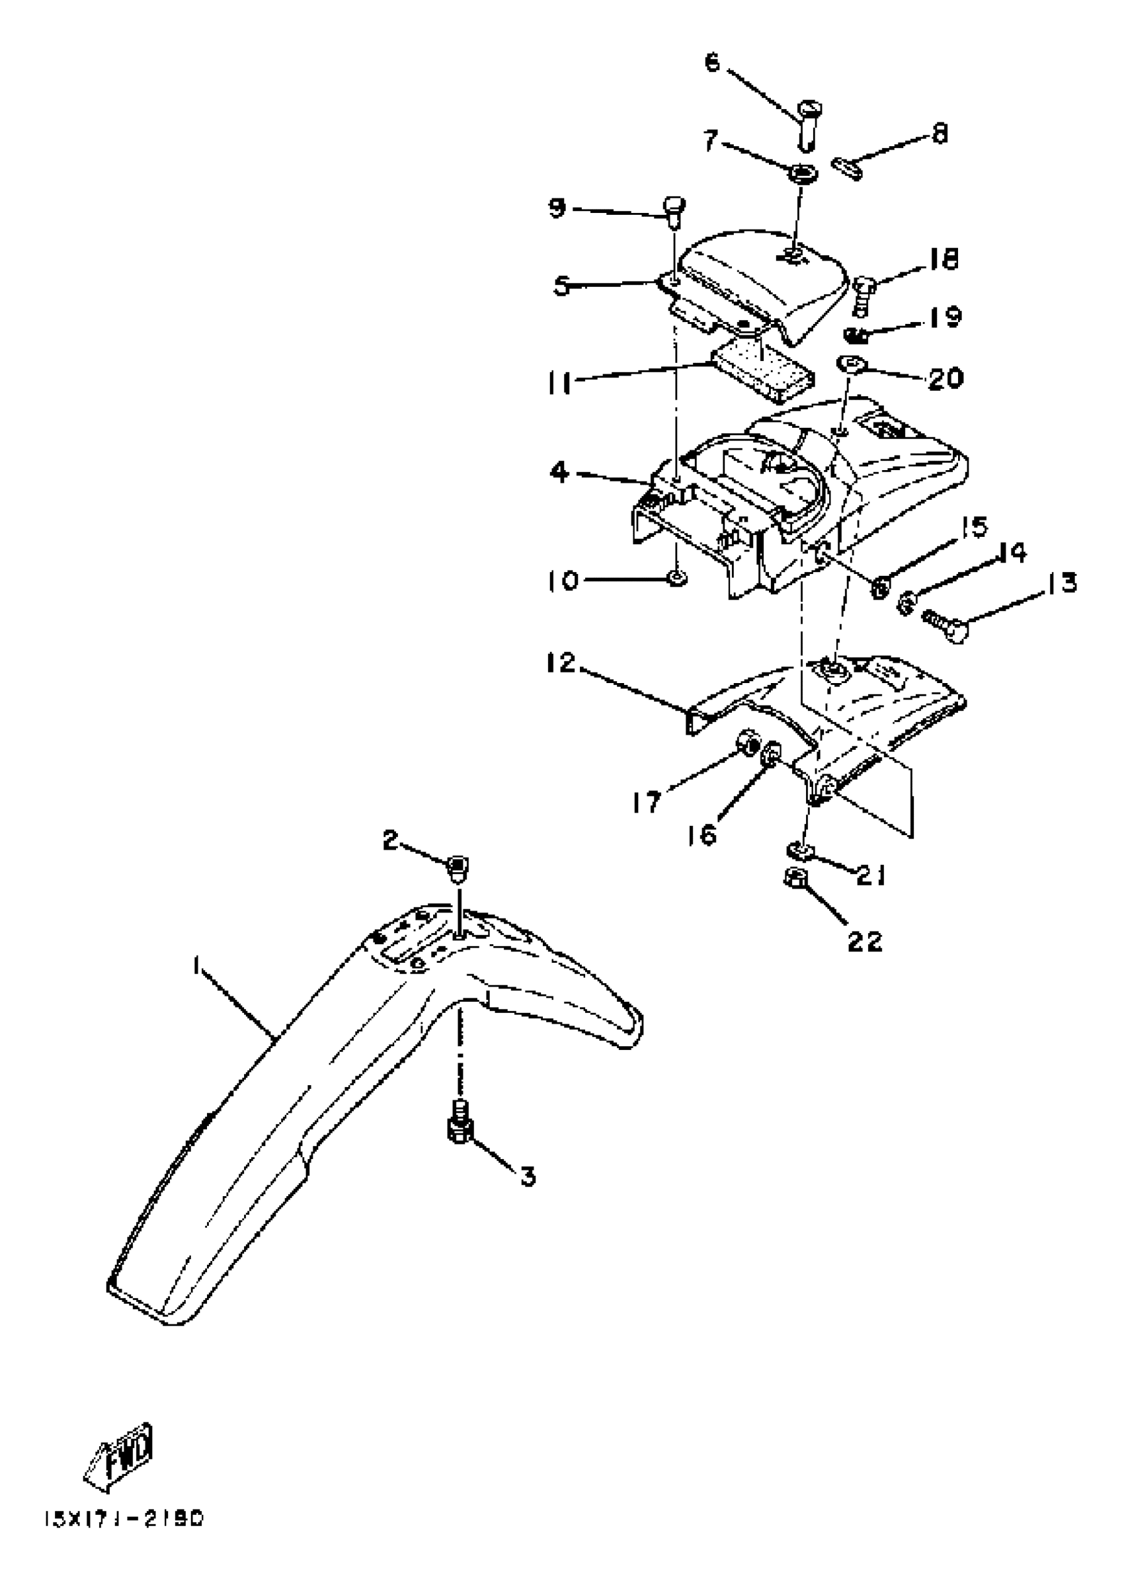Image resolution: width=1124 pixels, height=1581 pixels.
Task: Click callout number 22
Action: coord(865,941)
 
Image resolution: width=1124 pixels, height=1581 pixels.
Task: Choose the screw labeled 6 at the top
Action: coord(807,124)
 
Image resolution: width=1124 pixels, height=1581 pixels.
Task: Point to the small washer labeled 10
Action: coord(677,577)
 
